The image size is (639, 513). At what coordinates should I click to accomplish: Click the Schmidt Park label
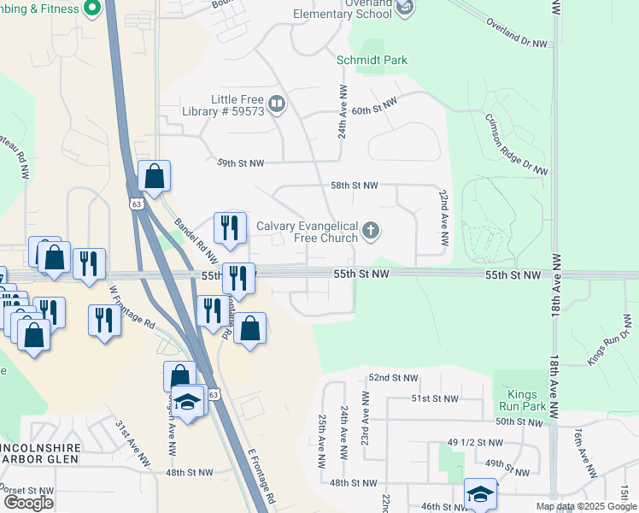click(372, 60)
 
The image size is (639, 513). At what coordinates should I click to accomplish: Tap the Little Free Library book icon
click(277, 105)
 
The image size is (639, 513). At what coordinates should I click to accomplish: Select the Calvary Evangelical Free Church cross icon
click(371, 229)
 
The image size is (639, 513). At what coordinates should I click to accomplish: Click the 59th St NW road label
click(241, 162)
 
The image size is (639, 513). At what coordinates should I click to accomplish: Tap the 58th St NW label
click(354, 185)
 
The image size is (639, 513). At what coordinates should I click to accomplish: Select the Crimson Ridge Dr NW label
click(515, 145)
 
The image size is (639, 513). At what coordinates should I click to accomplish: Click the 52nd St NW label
click(393, 377)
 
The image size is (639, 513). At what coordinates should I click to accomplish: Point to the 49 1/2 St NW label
click(476, 442)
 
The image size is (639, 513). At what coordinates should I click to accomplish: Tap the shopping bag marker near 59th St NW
click(154, 176)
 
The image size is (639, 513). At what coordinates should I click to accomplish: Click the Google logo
click(28, 502)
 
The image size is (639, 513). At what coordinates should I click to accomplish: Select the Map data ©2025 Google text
click(585, 506)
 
